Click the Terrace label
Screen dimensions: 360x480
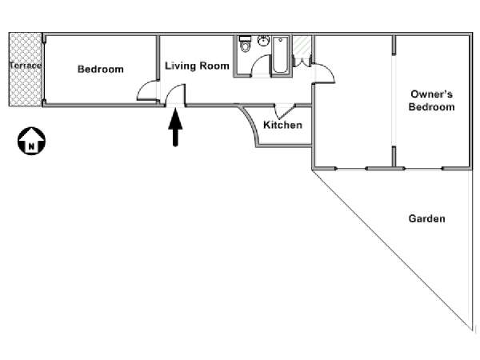click(x=25, y=66)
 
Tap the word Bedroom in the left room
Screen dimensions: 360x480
click(x=101, y=70)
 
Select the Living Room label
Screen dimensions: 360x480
click(x=197, y=66)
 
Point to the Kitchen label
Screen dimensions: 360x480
click(x=282, y=126)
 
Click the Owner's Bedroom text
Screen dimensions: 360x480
click(x=431, y=100)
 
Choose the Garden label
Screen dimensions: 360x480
click(x=426, y=218)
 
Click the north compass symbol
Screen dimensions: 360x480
click(x=31, y=142)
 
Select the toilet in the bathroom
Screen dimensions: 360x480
click(x=245, y=45)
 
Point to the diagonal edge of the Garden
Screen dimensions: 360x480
click(x=392, y=248)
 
